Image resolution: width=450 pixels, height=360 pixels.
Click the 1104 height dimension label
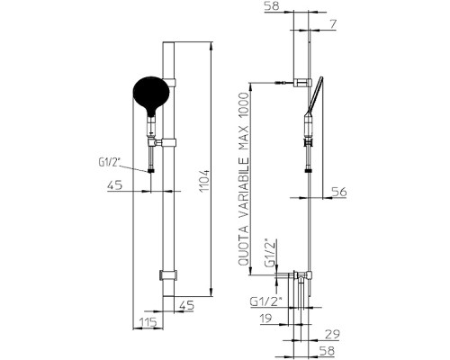pyautogui.click(x=205, y=181)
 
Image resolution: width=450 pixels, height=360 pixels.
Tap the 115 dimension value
pyautogui.click(x=148, y=322)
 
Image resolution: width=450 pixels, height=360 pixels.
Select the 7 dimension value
pyautogui.click(x=333, y=24)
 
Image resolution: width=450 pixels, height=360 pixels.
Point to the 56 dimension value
pyautogui.click(x=339, y=192)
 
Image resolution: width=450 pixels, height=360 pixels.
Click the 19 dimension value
pyautogui.click(x=265, y=319)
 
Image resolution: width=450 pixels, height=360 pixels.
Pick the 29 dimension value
pyautogui.click(x=332, y=334)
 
